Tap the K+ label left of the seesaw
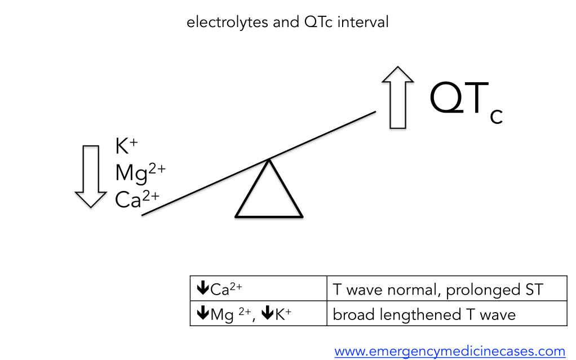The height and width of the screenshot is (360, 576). pyautogui.click(x=127, y=147)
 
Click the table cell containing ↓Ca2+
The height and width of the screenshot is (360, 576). pyautogui.click(x=258, y=289)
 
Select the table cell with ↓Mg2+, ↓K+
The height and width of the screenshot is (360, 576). pyautogui.click(x=258, y=314)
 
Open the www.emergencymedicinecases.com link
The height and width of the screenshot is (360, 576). pyautogui.click(x=449, y=352)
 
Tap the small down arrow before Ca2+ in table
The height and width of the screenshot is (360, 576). pyautogui.click(x=202, y=288)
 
